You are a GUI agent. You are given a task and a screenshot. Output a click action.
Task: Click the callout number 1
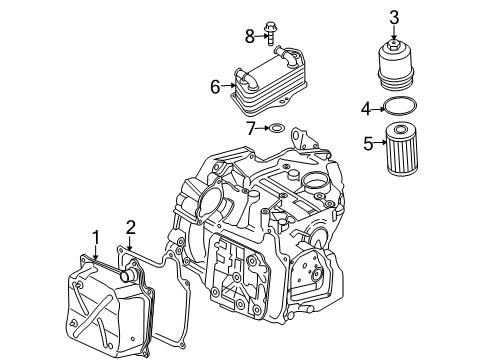click(96, 238)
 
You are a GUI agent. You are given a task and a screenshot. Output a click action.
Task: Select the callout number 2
click(130, 228)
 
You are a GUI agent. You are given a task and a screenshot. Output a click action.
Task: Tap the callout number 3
click(394, 17)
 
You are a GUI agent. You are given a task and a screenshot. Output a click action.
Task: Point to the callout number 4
click(366, 109)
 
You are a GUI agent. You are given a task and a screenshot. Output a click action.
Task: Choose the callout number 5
click(368, 143)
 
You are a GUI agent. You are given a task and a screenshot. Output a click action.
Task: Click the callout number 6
click(215, 87)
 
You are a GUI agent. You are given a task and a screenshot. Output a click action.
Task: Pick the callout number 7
click(251, 128)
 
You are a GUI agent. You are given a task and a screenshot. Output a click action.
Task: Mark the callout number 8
click(250, 36)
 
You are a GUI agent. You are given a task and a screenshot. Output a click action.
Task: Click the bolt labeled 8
click(269, 34)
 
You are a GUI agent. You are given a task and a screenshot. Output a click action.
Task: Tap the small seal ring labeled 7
click(277, 128)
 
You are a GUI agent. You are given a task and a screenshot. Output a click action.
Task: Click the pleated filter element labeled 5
click(401, 148)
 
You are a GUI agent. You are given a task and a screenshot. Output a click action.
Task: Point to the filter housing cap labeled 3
click(396, 65)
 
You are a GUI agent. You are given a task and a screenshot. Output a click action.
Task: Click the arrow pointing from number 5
click(379, 143)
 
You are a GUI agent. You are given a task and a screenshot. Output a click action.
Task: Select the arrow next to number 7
click(262, 128)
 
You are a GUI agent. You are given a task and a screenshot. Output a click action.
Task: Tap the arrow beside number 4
click(378, 109)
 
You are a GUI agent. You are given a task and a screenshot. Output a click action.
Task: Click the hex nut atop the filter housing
click(394, 45)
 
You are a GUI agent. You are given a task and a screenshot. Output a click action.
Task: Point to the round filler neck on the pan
click(128, 275)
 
